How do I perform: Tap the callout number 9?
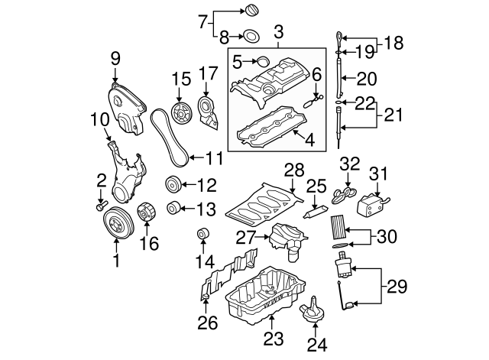coord(115,57)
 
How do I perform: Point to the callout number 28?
coord(294,169)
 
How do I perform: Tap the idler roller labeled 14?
coord(202,234)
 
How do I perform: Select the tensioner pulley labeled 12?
coord(173,186)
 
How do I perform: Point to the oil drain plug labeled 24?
coord(313,313)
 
